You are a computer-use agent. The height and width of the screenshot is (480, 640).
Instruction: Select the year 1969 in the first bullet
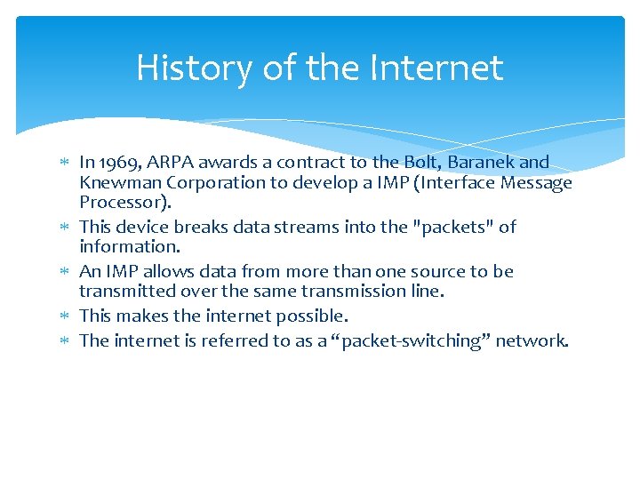tap(117, 163)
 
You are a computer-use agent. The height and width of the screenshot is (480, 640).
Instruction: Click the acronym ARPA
tap(170, 163)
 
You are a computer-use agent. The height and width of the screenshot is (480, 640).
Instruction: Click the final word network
tap(531, 340)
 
